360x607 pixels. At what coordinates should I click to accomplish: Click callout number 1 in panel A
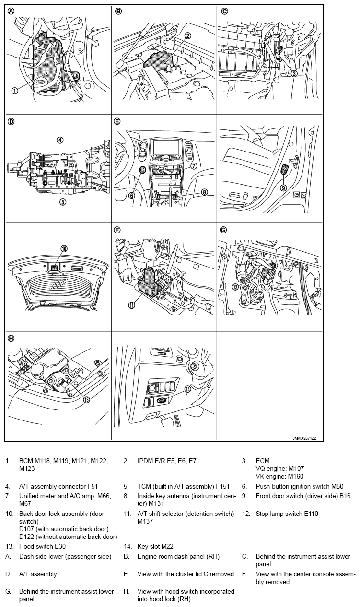pyautogui.click(x=15, y=91)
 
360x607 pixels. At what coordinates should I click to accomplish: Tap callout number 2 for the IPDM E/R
pyautogui.click(x=188, y=36)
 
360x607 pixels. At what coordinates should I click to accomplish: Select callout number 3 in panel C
pyautogui.click(x=294, y=73)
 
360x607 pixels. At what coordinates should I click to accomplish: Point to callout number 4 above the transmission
pyautogui.click(x=60, y=140)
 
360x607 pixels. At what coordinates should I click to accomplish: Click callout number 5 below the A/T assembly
pyautogui.click(x=63, y=201)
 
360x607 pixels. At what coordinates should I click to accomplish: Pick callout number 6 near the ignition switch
pyautogui.click(x=132, y=195)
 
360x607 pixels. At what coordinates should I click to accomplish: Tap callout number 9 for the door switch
pyautogui.click(x=283, y=187)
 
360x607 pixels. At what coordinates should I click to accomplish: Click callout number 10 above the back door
pyautogui.click(x=64, y=248)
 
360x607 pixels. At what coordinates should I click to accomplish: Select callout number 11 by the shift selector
pyautogui.click(x=132, y=305)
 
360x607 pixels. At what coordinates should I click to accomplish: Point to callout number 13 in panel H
pyautogui.click(x=86, y=400)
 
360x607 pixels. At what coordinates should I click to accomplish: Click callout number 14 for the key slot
pyautogui.click(x=188, y=389)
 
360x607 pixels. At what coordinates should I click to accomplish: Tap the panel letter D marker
pyautogui.click(x=11, y=122)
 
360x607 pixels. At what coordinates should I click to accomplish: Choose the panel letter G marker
pyautogui.click(x=223, y=230)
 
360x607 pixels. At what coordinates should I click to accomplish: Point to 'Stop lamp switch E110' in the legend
pyautogui.click(x=287, y=514)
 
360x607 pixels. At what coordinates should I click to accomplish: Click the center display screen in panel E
pyautogui.click(x=164, y=147)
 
